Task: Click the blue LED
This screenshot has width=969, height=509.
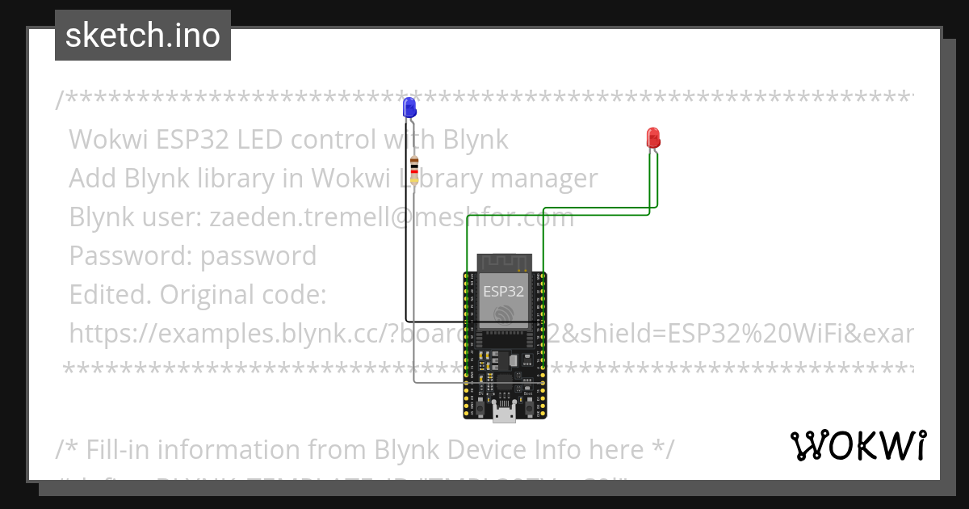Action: tap(409, 107)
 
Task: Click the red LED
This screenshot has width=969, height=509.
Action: tap(653, 137)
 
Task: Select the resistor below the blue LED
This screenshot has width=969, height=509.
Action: tap(414, 170)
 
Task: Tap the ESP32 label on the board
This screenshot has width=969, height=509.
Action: tap(503, 290)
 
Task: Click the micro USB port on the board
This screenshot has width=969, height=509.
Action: tap(505, 414)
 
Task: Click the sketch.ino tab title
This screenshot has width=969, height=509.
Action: tap(143, 36)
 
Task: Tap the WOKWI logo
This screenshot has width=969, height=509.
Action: tap(858, 445)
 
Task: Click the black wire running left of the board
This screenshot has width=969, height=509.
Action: tap(405, 242)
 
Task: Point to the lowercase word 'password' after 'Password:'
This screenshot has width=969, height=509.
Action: tap(258, 256)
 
